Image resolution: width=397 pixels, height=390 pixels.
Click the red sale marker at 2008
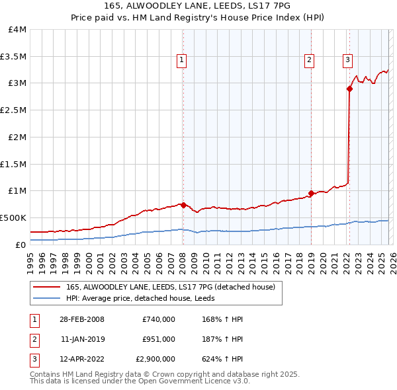[183, 205]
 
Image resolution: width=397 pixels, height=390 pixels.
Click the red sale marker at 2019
[310, 194]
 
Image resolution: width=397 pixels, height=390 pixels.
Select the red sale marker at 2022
[349, 89]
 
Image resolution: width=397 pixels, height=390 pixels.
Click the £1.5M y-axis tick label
[14, 164]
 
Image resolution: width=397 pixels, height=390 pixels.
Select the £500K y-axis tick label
[13, 217]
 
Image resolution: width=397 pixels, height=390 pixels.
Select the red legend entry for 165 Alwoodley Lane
[165, 287]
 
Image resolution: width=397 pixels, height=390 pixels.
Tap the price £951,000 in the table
[159, 339]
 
